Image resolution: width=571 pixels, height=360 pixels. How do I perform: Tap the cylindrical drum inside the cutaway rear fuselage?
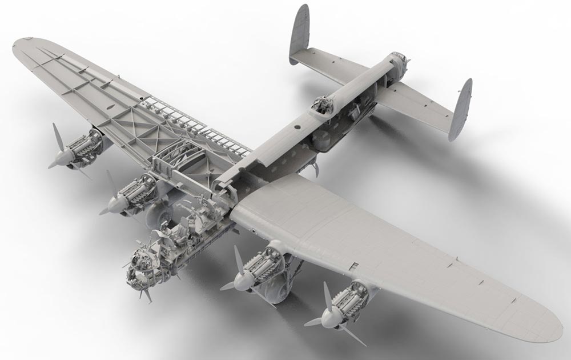click(x=322, y=138)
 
